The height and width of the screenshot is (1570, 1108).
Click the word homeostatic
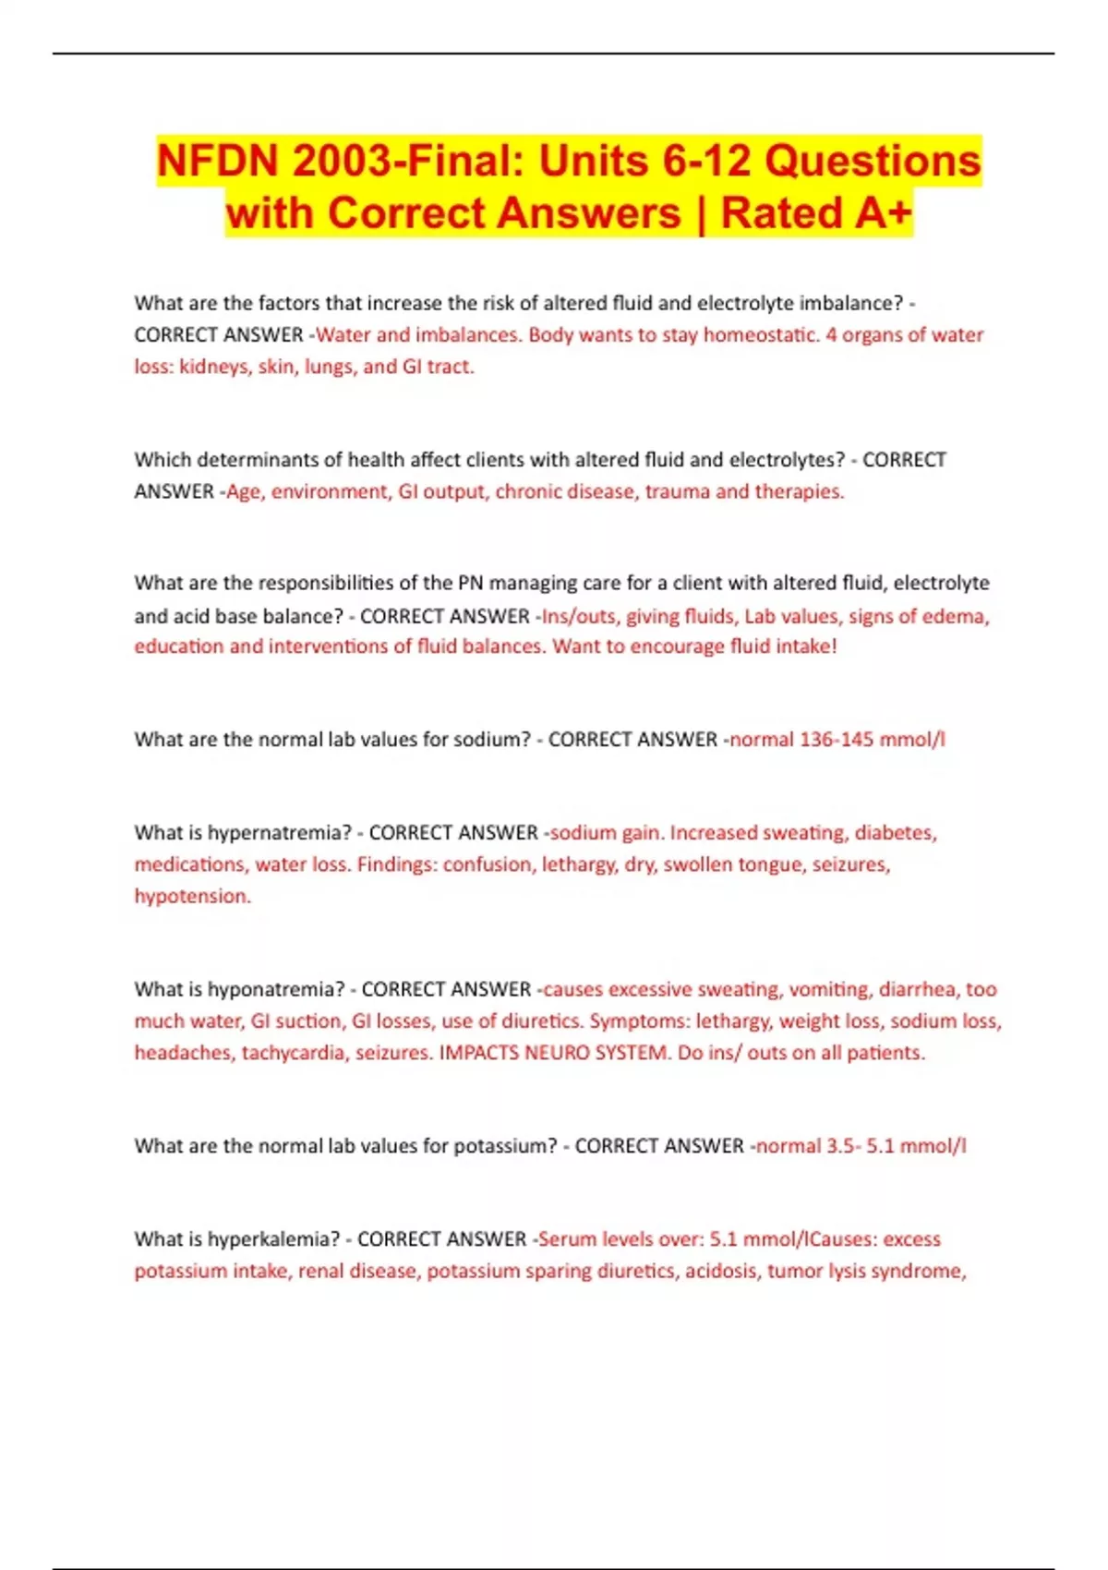761,334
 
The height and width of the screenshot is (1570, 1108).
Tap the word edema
959,616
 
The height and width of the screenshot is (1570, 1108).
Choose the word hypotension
192,897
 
